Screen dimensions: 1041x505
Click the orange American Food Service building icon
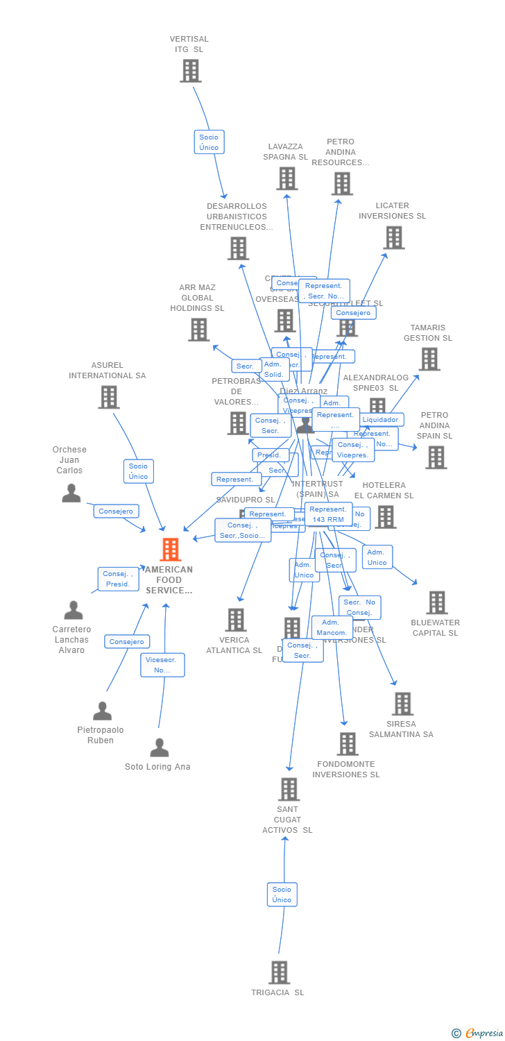[x=170, y=550]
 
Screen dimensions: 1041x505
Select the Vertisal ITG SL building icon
[x=190, y=71]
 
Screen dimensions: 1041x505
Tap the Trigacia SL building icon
[x=279, y=972]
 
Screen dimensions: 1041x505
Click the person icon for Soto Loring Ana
[x=160, y=747]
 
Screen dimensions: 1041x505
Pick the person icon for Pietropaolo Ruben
[x=102, y=711]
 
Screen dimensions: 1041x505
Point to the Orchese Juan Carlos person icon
[x=71, y=493]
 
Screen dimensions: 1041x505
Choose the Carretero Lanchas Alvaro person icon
[x=73, y=610]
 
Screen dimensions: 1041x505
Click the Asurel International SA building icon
[x=108, y=397]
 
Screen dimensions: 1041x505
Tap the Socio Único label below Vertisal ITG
[x=209, y=142]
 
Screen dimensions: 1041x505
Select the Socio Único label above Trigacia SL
[x=282, y=895]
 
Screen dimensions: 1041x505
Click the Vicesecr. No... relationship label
[x=162, y=665]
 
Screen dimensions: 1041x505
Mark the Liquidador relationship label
[x=380, y=420]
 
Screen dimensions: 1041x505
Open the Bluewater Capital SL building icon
[x=436, y=602]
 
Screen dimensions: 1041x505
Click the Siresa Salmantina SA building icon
[x=402, y=704]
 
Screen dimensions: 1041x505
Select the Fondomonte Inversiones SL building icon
[x=347, y=744]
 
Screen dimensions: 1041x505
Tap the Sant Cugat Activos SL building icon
[x=289, y=789]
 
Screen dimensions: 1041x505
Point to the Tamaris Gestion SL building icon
[x=429, y=359]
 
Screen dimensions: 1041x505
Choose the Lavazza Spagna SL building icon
[x=286, y=178]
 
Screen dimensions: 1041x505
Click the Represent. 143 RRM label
[x=328, y=514]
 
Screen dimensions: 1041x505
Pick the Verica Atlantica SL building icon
[x=236, y=620]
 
